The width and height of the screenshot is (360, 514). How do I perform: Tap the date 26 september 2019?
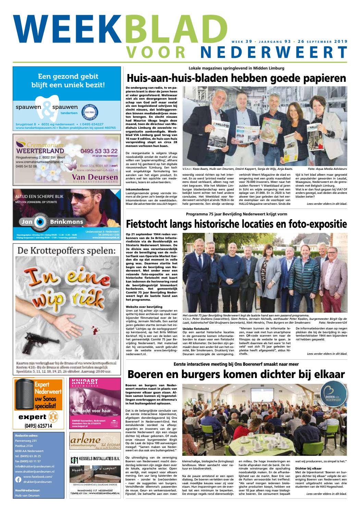point(323,42)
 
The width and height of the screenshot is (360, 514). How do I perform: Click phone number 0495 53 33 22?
point(99,151)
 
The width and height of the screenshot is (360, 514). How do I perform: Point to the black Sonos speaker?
point(24,394)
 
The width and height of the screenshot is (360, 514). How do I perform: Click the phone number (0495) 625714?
point(38,426)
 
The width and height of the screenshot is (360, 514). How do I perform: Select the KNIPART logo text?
point(82,381)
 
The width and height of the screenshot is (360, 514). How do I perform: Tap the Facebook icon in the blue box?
point(18,479)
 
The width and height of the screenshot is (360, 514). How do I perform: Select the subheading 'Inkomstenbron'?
point(137,189)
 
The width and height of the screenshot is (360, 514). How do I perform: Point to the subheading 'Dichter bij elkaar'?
point(308,468)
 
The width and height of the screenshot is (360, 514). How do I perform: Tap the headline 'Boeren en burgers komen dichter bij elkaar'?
point(236,374)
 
